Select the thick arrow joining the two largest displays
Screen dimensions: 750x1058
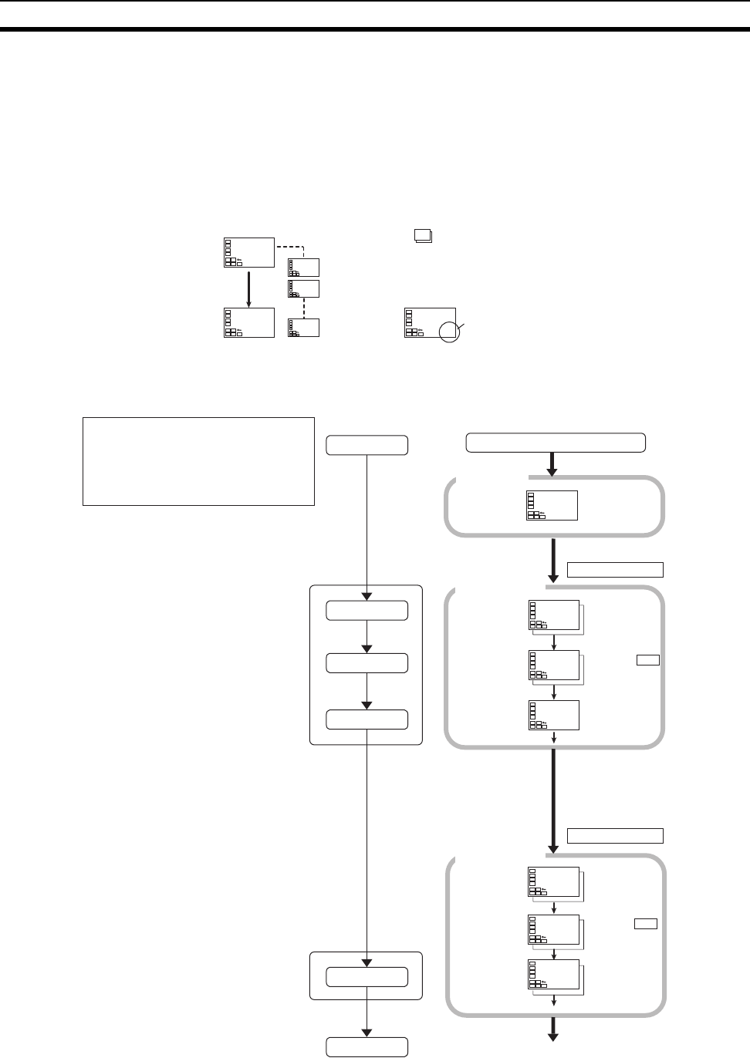click(248, 287)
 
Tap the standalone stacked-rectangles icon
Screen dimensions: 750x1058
click(422, 237)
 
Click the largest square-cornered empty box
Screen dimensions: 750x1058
click(198, 461)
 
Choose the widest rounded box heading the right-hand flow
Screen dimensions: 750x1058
click(556, 442)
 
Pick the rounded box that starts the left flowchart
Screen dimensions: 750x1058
click(367, 445)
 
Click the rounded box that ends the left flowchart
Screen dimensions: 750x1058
click(367, 1046)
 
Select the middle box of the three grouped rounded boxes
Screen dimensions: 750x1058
click(367, 663)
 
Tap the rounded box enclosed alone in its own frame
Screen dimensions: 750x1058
click(367, 976)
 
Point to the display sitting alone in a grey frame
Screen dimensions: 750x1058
click(552, 505)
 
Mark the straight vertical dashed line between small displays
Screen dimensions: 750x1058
click(303, 308)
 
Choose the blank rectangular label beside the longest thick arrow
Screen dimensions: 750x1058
click(615, 836)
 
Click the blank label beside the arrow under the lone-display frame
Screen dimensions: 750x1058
click(615, 570)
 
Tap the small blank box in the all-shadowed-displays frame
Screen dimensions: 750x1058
click(645, 924)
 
